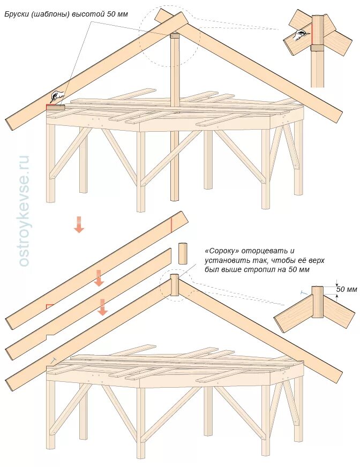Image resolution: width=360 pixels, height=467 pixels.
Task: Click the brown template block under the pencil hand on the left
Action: click(x=55, y=108)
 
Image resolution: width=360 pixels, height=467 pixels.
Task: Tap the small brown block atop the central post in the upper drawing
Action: click(x=175, y=36)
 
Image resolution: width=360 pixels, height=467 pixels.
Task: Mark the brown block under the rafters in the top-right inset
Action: click(x=317, y=47)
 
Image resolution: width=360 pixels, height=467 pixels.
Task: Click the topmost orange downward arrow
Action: click(x=79, y=224)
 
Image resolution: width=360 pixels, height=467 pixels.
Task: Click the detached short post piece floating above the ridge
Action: click(x=183, y=253)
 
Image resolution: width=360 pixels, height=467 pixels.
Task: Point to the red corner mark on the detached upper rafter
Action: click(x=49, y=307)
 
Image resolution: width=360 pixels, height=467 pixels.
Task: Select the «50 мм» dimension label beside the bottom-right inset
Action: click(x=346, y=290)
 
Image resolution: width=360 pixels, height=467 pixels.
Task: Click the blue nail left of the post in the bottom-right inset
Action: click(x=304, y=292)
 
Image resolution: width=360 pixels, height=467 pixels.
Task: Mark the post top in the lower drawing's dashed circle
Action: click(x=175, y=278)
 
